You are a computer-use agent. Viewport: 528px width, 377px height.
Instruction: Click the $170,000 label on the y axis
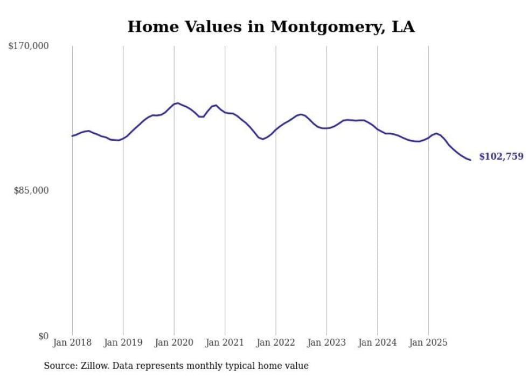click(28, 46)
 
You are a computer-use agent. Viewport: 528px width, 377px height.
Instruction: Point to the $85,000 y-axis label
click(31, 190)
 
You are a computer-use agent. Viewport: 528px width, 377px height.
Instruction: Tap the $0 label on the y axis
click(43, 336)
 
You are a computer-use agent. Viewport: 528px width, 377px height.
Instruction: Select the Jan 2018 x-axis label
click(72, 342)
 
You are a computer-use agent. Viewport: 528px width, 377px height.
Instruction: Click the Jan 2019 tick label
click(123, 342)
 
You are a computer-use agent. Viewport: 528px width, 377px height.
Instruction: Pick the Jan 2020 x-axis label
click(174, 342)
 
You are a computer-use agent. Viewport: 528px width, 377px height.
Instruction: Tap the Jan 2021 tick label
click(225, 342)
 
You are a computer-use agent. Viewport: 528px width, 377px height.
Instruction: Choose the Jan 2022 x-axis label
click(276, 342)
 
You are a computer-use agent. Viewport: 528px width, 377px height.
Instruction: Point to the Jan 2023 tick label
click(326, 342)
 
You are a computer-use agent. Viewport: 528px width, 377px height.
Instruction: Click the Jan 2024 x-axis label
click(378, 342)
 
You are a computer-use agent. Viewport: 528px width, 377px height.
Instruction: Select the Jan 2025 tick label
click(428, 342)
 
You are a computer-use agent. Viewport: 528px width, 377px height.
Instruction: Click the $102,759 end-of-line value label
click(501, 156)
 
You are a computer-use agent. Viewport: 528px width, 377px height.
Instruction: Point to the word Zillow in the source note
click(93, 366)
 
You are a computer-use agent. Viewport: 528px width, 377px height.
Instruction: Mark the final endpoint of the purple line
click(470, 160)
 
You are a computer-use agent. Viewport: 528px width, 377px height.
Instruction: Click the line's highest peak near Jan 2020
click(178, 103)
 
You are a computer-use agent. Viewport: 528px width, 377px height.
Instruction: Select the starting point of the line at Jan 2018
click(72, 136)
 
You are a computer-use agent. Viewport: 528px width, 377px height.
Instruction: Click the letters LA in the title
click(403, 26)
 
